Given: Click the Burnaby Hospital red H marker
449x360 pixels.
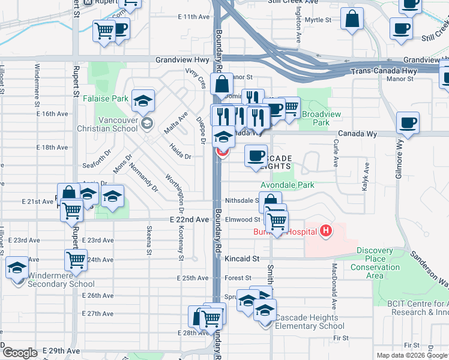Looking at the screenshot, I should (326, 231).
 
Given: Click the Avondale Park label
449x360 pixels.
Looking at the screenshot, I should (287, 185).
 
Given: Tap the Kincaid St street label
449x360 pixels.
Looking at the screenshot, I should (242, 259).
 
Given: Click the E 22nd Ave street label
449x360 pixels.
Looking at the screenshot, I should (189, 220).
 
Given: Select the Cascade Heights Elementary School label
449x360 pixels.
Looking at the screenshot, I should (310, 322).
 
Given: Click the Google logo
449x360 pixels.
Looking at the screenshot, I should (20, 353).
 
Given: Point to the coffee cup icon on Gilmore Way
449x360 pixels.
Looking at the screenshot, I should (408, 124).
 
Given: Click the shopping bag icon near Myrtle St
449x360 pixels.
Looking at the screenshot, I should (352, 19).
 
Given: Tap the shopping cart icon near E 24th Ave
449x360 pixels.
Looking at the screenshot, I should (76, 260).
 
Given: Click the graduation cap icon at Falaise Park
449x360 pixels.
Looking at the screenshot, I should (143, 100).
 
